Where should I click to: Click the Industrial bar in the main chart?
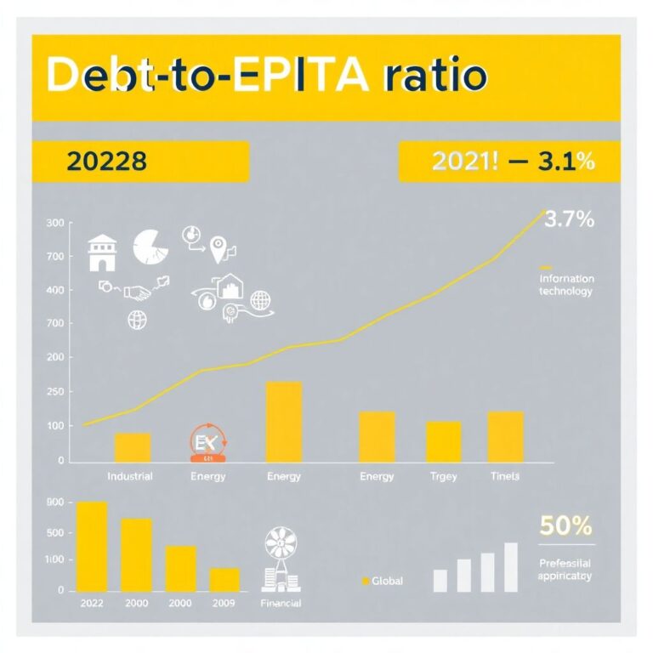(x=133, y=447)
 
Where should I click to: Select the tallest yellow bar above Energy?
(x=283, y=421)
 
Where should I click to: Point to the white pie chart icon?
(x=151, y=246)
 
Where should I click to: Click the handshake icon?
(x=137, y=292)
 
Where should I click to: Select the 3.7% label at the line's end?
(x=568, y=220)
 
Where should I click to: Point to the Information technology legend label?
(x=565, y=285)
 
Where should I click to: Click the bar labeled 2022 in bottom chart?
(x=92, y=546)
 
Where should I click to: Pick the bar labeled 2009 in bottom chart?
(x=224, y=579)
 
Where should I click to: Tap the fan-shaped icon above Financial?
(x=281, y=542)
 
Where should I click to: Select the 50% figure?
(x=565, y=526)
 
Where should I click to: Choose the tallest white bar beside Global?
(x=510, y=566)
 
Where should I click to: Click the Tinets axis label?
(x=504, y=476)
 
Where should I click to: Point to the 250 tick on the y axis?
(x=55, y=391)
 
